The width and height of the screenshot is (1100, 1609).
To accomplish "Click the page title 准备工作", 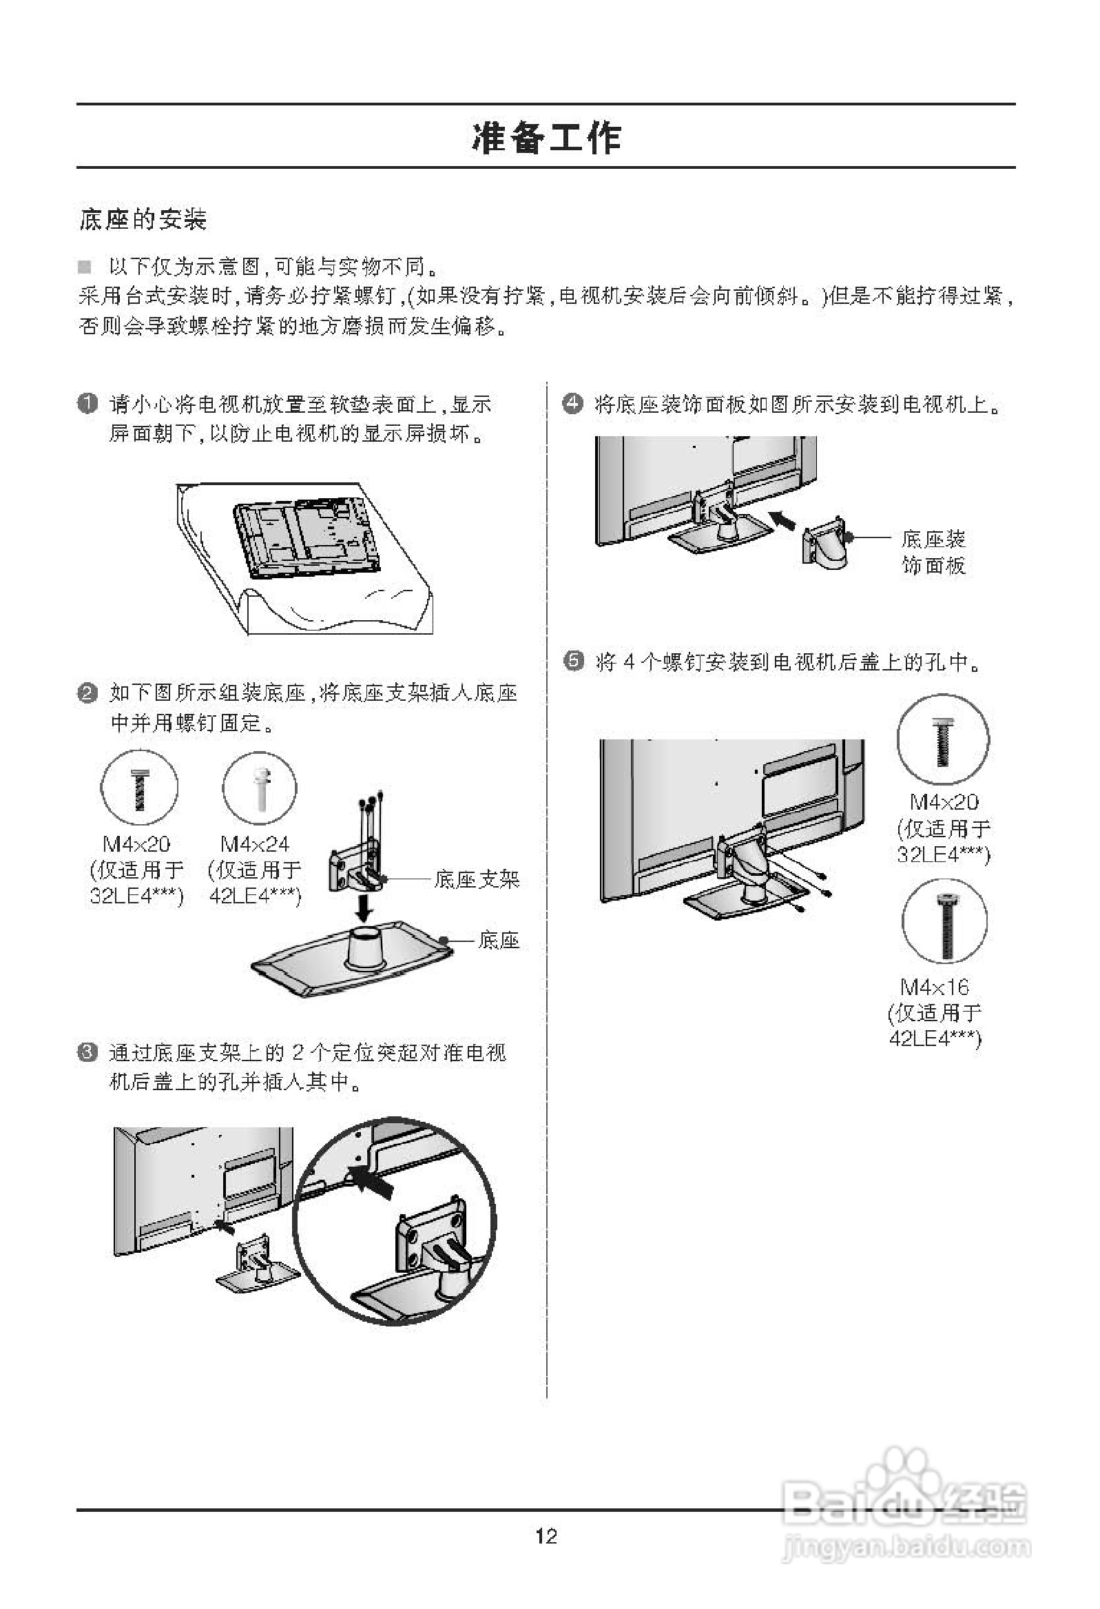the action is [546, 137].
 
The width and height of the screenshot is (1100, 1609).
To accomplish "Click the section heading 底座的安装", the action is [143, 220].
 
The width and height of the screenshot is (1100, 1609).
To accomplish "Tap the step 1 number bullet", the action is [87, 403].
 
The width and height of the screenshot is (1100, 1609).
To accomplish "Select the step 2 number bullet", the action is [87, 693].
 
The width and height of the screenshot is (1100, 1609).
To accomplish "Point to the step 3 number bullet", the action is [87, 1053].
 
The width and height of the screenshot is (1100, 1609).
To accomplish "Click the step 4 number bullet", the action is [572, 403].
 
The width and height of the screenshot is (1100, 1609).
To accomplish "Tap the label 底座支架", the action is [476, 879].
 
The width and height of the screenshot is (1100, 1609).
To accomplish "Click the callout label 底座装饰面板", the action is [933, 552].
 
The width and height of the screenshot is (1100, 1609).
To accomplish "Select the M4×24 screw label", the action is [255, 843].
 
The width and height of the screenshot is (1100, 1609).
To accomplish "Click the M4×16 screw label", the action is [935, 986].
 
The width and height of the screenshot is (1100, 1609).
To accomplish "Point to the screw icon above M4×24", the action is [260, 788].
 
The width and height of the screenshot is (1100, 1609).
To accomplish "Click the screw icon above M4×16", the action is [944, 921].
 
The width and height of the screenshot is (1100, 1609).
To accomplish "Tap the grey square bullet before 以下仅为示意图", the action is [85, 267].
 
